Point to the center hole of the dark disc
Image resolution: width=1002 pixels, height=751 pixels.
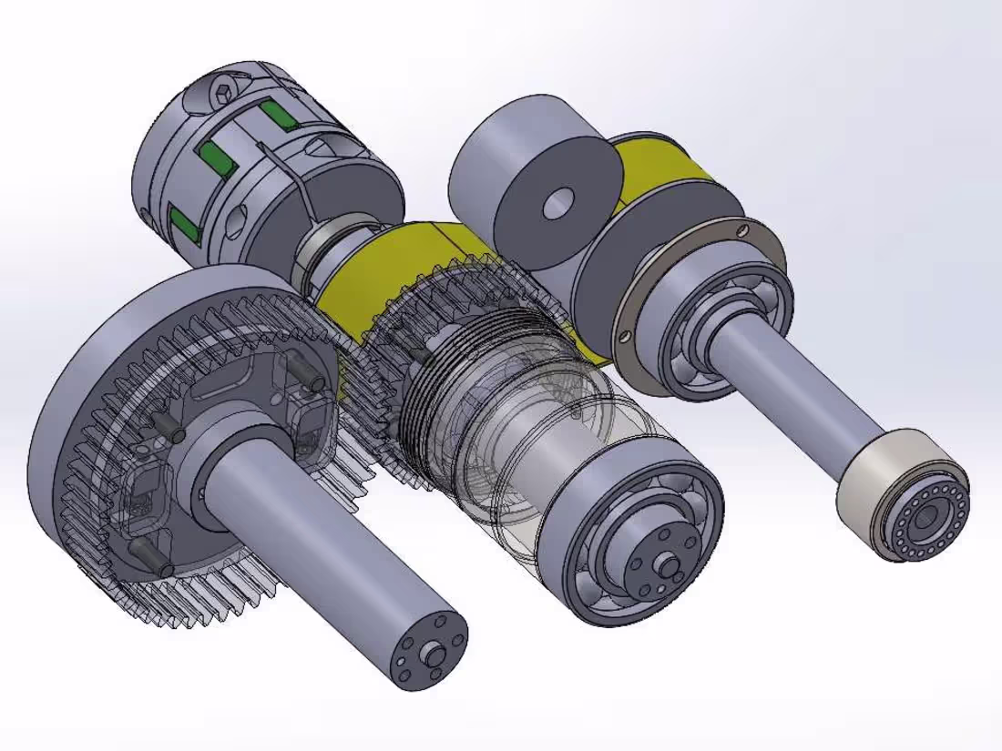click(557, 204)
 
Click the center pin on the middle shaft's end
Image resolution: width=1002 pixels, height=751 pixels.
click(670, 566)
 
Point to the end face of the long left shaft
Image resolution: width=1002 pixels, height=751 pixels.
click(429, 650)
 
